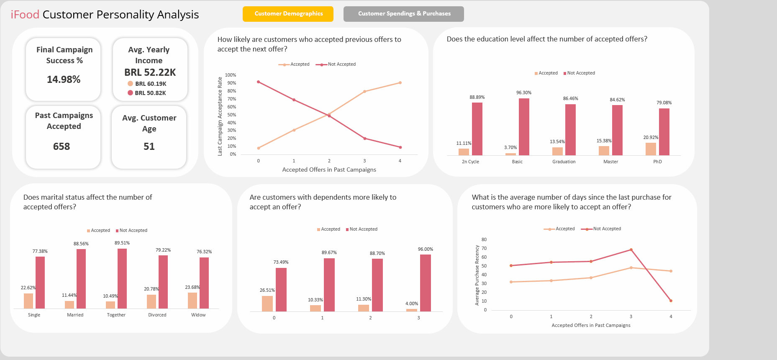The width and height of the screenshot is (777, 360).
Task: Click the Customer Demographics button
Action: click(288, 14)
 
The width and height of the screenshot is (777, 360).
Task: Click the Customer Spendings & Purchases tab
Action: click(403, 14)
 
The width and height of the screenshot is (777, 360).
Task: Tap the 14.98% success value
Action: click(64, 80)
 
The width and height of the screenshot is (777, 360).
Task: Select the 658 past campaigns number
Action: click(62, 147)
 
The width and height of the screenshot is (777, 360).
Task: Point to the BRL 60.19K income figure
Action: click(151, 84)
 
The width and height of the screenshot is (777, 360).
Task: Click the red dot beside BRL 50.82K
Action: click(130, 93)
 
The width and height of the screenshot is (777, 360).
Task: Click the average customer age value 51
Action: click(149, 147)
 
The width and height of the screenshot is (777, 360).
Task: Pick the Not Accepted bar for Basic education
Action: click(524, 127)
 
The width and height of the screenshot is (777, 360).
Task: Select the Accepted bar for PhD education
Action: click(651, 149)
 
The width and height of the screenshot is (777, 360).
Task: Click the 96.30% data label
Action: click(523, 93)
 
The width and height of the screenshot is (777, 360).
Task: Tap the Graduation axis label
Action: click(564, 162)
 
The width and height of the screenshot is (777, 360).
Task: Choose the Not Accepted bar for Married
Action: click(81, 278)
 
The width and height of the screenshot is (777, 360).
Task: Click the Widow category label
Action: click(198, 315)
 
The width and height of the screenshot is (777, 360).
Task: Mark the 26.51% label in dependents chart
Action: click(267, 290)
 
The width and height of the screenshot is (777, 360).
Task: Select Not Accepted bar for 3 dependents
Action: click(425, 283)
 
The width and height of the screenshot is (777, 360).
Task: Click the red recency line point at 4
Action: click(671, 301)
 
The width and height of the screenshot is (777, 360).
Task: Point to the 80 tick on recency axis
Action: click(484, 239)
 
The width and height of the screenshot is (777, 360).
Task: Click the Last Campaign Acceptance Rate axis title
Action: click(220, 116)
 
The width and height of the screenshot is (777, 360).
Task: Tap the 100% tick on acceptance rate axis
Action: click(231, 75)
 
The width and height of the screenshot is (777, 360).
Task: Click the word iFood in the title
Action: click(25, 15)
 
